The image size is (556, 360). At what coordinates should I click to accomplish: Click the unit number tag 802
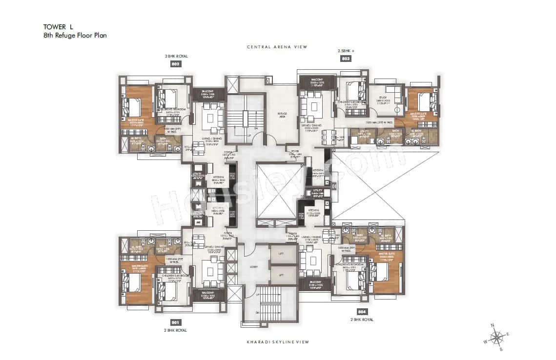(x=176, y=64)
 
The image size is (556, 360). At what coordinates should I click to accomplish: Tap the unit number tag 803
(x=345, y=58)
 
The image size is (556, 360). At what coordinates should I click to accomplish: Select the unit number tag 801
(x=175, y=322)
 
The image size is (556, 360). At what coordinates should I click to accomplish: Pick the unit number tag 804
(x=361, y=311)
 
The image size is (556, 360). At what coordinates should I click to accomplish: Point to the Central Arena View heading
(x=277, y=47)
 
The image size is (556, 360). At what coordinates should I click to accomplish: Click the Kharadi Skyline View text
(x=277, y=342)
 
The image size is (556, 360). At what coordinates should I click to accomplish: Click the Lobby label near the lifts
(x=253, y=266)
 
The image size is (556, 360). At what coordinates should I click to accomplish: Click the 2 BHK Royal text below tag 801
(x=175, y=330)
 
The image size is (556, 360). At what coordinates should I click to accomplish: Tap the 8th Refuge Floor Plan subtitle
(x=75, y=36)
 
